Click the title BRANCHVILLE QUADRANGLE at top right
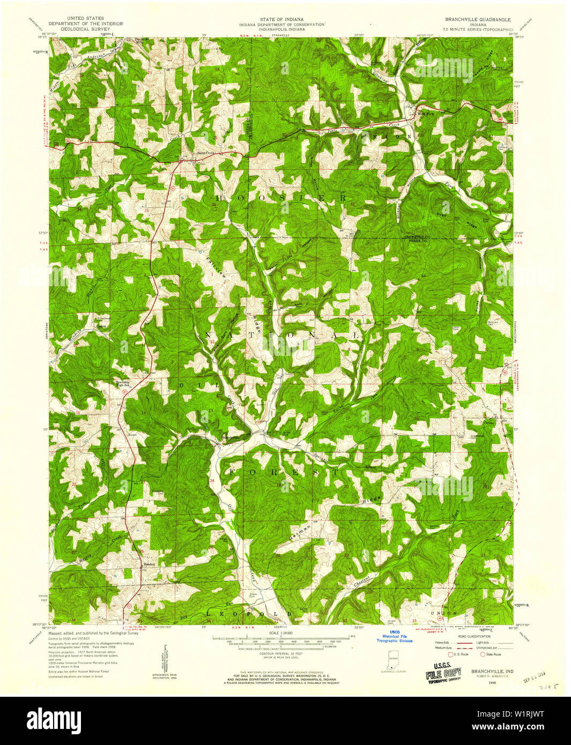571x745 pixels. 477,19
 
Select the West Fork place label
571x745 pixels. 426,114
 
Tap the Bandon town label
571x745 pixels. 149,564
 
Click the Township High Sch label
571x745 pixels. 123,384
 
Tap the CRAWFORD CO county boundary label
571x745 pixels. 417,236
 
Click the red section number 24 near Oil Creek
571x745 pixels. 212,481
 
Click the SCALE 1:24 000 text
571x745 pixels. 281,633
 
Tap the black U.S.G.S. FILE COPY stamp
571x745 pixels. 443,671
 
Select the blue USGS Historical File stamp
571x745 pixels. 395,636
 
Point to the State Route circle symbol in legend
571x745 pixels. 483,654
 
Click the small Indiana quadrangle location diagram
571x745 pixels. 394,658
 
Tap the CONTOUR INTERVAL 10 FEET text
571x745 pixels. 281,653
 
